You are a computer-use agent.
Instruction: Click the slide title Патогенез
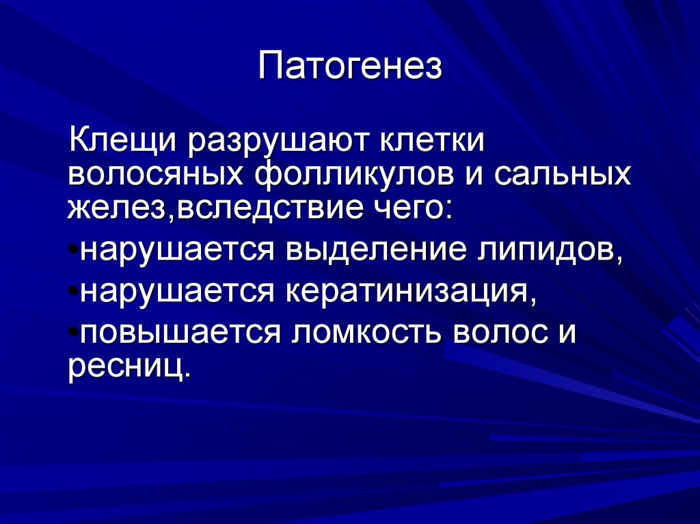pyautogui.click(x=350, y=68)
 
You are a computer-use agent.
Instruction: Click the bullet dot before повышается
pyautogui.click(x=73, y=332)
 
